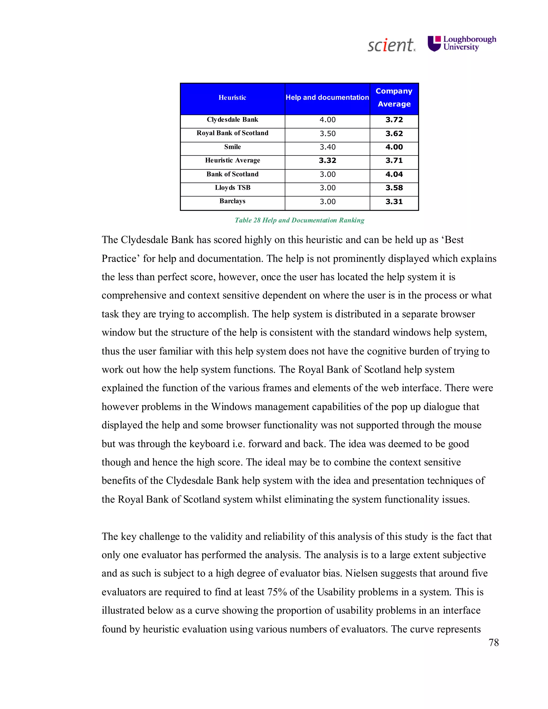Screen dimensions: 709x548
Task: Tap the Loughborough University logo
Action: coord(462,44)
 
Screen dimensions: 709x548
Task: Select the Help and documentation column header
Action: coord(327,97)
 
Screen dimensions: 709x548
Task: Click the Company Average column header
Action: coord(394,97)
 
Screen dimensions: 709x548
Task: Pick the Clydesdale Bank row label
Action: coord(233,120)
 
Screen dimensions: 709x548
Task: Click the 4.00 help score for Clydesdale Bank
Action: coord(327,120)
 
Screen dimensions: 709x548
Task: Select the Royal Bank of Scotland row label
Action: coord(233,133)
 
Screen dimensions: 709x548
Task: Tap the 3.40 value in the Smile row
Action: coord(327,147)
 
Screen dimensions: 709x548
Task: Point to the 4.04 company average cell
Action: coord(394,174)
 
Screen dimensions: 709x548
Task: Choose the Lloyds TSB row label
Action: coord(233,188)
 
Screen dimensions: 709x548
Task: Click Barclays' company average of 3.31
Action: coord(394,202)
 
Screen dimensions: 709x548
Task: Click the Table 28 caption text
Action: coord(299,220)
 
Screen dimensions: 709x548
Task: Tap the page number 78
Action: coord(493,642)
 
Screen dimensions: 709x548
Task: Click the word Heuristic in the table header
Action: coord(233,98)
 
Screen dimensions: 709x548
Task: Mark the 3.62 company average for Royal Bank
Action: coord(394,134)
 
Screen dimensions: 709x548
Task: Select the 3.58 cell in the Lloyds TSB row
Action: coord(394,188)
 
